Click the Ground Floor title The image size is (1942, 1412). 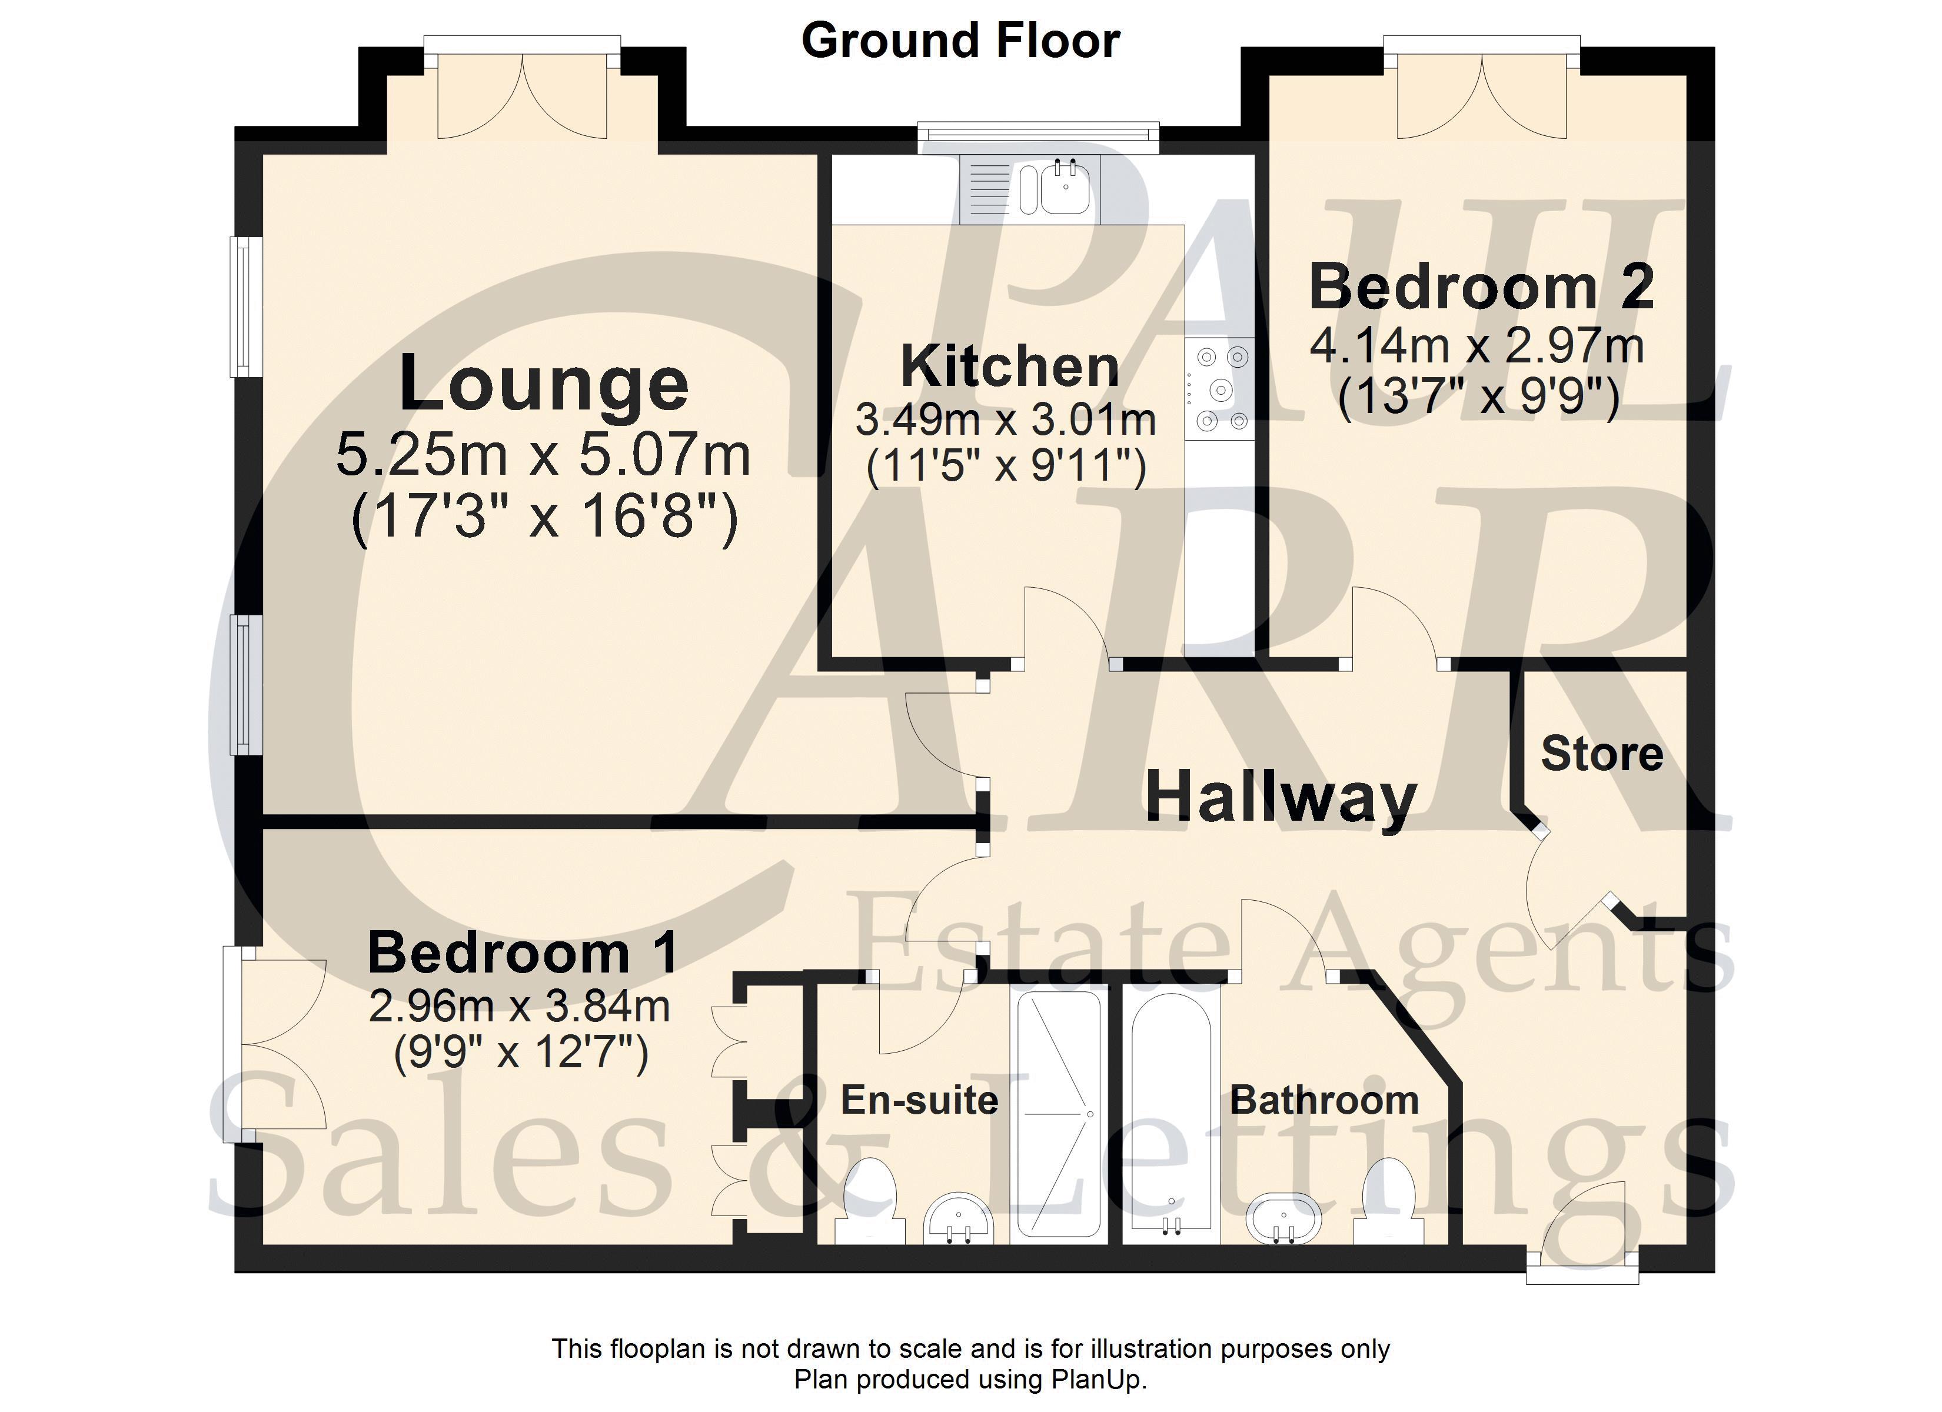[961, 41]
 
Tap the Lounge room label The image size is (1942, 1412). [544, 384]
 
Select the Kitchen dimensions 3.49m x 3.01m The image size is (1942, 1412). [1006, 419]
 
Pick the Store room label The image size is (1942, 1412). [1602, 754]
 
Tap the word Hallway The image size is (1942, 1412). [1281, 797]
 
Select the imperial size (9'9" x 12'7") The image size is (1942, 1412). [521, 1053]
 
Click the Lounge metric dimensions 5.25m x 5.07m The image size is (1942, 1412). [543, 455]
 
